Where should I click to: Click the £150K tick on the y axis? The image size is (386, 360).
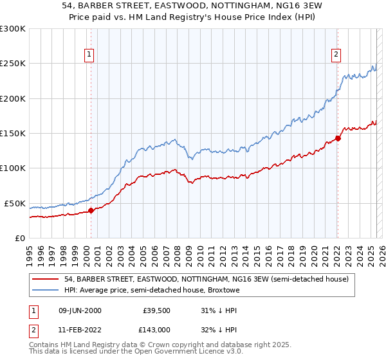(12, 133)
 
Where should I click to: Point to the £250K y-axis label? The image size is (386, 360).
(12, 64)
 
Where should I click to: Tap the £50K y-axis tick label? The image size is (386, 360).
(15, 203)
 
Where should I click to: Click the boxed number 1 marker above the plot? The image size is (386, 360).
(88, 55)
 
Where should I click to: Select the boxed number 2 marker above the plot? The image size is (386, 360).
(336, 55)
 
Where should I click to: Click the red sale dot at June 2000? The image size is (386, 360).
(91, 210)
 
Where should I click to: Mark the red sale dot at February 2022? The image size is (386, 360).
(338, 138)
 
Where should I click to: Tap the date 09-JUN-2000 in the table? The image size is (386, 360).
(80, 310)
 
